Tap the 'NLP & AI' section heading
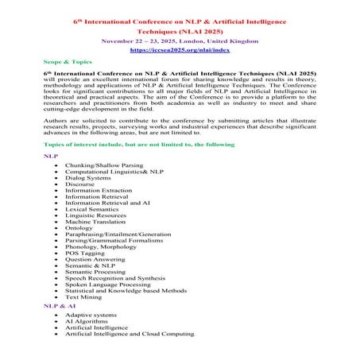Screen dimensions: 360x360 point(56,304)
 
